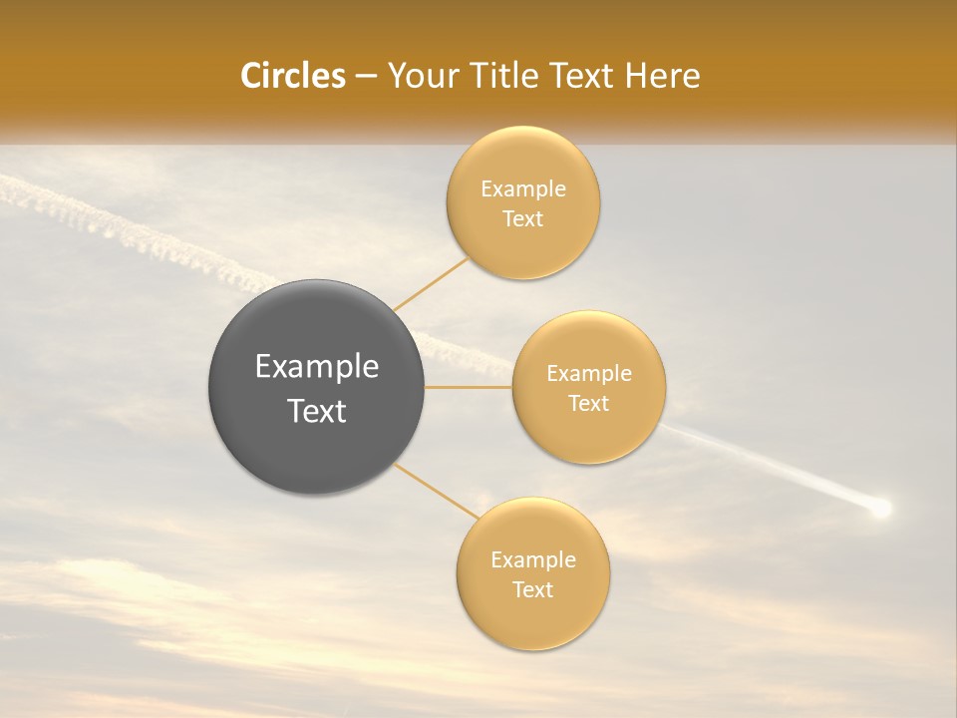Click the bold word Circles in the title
[292, 76]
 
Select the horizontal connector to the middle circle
[469, 387]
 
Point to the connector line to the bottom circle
[436, 491]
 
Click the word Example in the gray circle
[317, 367]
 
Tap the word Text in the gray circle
[317, 411]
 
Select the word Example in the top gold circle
[523, 189]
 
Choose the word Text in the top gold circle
[523, 218]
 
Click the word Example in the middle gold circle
[589, 374]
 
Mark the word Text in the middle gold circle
[589, 403]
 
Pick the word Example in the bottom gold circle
[533, 560]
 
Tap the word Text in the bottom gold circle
[533, 589]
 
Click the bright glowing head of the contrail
[879, 510]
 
